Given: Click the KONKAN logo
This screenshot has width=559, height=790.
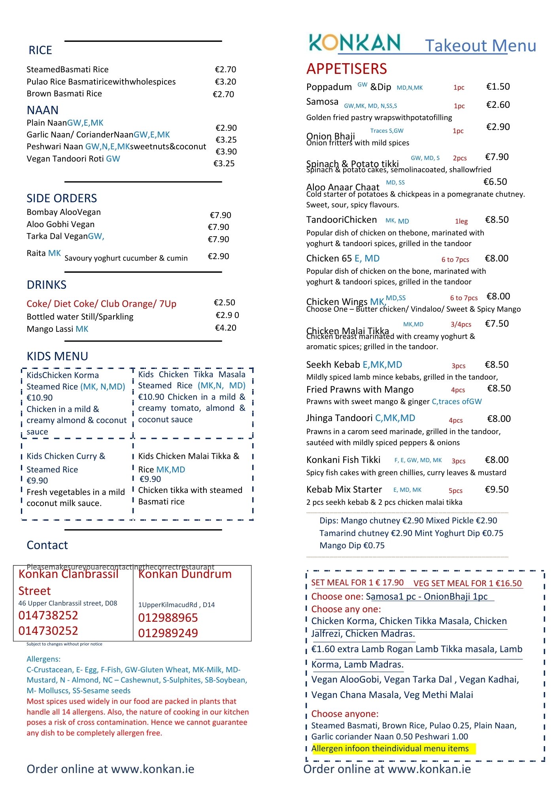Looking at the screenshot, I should (354, 43).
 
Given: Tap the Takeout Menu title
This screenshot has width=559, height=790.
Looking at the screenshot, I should (480, 46).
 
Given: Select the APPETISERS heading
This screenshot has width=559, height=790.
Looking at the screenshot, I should (346, 69).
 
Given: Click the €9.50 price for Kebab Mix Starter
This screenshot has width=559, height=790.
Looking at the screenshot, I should (497, 489).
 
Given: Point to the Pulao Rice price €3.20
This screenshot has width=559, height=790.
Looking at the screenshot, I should (225, 82).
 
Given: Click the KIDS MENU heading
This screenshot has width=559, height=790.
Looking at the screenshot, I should (57, 356).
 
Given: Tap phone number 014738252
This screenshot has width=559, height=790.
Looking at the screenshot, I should (48, 615).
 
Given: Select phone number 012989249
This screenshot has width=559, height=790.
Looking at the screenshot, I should (168, 633).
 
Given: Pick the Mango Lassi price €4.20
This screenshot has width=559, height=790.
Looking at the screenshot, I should (225, 328).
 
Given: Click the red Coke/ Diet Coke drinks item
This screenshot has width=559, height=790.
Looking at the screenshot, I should (101, 304).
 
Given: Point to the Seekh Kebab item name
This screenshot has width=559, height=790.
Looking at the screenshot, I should (333, 365).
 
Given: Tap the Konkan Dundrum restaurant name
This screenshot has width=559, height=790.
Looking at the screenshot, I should (185, 574).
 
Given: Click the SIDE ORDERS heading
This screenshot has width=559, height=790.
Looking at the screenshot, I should (62, 198).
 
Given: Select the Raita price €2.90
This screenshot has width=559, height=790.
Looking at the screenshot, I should (218, 256).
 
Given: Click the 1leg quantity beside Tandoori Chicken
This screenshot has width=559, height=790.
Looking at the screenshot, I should (461, 221).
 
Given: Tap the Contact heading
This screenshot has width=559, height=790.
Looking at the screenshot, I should (47, 545).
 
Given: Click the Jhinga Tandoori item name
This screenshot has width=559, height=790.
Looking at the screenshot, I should (339, 418).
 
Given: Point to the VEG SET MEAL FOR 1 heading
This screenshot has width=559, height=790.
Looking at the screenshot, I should (467, 583).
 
